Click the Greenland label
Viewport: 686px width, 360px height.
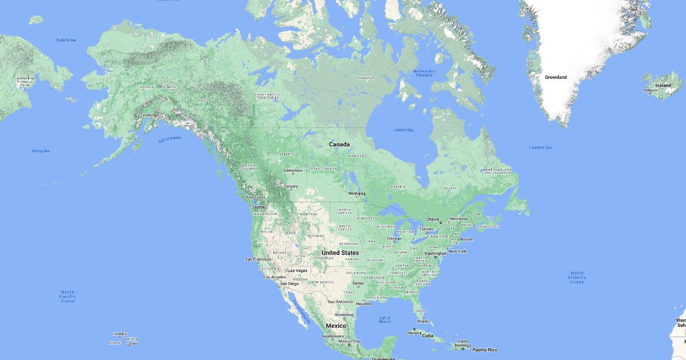point(556,77)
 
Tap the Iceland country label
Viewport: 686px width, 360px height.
point(663,85)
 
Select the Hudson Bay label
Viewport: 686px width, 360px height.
point(403,130)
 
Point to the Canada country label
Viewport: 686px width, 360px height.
point(339,145)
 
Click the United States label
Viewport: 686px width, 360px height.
point(340,253)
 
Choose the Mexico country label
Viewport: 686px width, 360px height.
point(336,326)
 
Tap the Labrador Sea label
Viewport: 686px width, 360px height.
point(540,147)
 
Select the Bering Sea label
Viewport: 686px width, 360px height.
point(41,151)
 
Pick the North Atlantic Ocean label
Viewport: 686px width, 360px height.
point(577,277)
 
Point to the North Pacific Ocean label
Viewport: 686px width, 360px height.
point(67,296)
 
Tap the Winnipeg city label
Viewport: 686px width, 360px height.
point(357,193)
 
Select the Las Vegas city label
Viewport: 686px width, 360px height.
point(297,270)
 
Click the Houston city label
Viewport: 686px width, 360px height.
point(364,303)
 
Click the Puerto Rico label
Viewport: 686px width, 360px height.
point(484,350)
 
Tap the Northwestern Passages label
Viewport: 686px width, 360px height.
point(424,73)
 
